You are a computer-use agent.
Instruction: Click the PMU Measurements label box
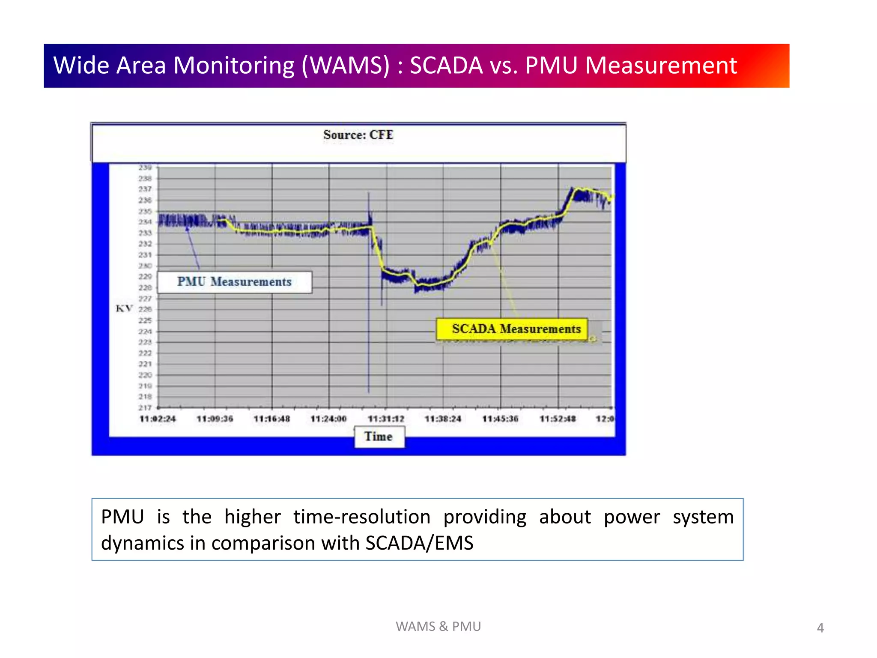pyautogui.click(x=234, y=282)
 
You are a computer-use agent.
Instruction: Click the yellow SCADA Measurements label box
pyautogui.click(x=512, y=329)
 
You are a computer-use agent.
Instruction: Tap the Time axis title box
pyautogui.click(x=379, y=437)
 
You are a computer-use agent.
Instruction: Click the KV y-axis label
pyautogui.click(x=124, y=308)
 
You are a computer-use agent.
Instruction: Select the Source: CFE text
pyautogui.click(x=358, y=135)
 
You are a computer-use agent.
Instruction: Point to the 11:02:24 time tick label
pyautogui.click(x=158, y=419)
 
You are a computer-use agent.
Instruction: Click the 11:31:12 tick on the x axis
pyautogui.click(x=386, y=419)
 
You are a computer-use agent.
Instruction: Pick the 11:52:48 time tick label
pyautogui.click(x=558, y=419)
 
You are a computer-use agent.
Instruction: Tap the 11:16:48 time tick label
pyautogui.click(x=271, y=419)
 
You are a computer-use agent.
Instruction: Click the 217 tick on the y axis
pyautogui.click(x=145, y=408)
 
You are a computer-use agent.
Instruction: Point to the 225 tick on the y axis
pyautogui.click(x=145, y=320)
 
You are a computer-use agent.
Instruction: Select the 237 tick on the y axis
pyautogui.click(x=145, y=189)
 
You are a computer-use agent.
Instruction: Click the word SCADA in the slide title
pyautogui.click(x=446, y=66)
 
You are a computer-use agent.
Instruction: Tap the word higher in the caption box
pyautogui.click(x=252, y=517)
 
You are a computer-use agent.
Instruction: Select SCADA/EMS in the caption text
pyautogui.click(x=419, y=543)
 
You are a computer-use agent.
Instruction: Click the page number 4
pyautogui.click(x=820, y=628)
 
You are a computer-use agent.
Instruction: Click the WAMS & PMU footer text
pyautogui.click(x=438, y=626)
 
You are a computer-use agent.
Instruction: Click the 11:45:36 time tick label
pyautogui.click(x=500, y=419)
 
